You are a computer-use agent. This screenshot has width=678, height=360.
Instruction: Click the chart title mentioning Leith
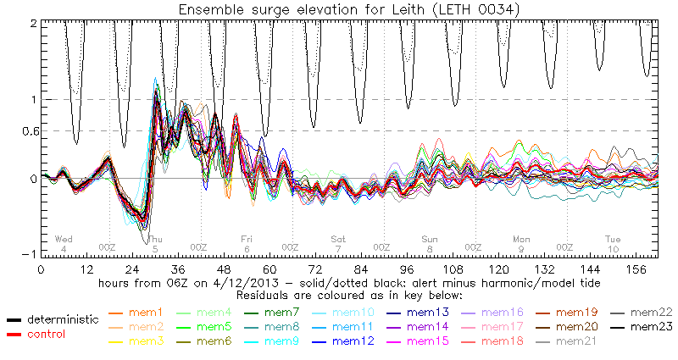(x=338, y=8)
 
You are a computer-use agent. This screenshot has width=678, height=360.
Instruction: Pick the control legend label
(x=45, y=333)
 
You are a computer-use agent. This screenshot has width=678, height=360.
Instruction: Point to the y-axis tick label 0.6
(x=29, y=130)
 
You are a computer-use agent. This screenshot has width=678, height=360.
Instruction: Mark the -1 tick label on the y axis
(x=31, y=254)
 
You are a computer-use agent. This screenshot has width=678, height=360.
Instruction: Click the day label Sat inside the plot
(x=338, y=239)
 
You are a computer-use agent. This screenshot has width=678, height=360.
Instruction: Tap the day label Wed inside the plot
(x=64, y=239)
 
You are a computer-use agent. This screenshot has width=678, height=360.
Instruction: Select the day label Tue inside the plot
(x=613, y=239)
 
